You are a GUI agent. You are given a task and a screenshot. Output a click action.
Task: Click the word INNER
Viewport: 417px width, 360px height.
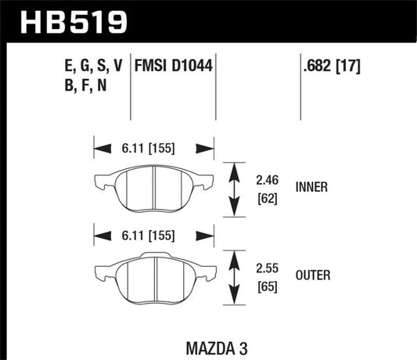point(311,187)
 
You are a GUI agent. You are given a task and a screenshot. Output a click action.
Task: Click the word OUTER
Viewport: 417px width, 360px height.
point(312,275)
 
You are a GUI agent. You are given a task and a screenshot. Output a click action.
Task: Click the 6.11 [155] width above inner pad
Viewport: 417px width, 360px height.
point(154,146)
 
